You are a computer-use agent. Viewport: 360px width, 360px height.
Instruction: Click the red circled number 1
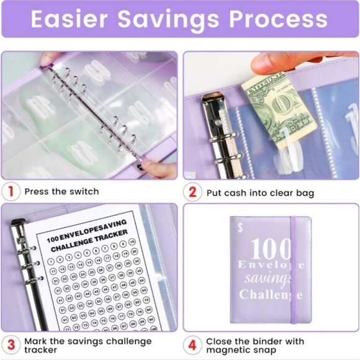[11, 191]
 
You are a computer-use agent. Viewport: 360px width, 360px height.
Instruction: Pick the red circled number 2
[193, 192]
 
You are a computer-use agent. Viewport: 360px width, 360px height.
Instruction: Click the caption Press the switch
[61, 191]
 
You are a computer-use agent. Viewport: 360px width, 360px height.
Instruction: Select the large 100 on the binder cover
[271, 249]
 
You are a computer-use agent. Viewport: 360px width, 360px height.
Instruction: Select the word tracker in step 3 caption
[40, 350]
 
